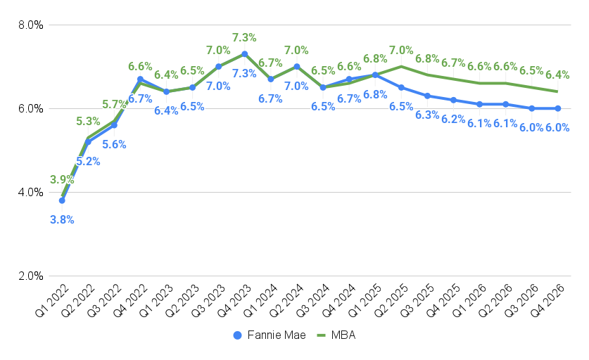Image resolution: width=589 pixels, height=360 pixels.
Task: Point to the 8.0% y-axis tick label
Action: pos(30,25)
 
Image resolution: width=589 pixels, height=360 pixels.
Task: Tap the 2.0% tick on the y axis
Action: pos(30,276)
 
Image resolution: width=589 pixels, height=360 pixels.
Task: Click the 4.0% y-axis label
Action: pos(30,193)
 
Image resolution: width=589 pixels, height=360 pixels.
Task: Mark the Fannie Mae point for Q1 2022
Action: pos(62,200)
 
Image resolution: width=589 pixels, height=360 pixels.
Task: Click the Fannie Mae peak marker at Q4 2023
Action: pos(244,54)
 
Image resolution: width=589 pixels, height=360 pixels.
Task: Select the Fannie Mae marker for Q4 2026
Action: pos(558,108)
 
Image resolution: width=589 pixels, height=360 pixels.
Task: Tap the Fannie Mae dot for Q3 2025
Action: pos(427,96)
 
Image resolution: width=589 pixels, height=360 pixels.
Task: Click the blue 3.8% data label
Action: pos(62,219)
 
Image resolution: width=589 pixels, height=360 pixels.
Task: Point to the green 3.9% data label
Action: pos(62,180)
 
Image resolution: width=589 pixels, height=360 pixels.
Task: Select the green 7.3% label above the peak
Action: pos(244,37)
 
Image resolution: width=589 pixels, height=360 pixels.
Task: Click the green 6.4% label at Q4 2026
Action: pos(557,75)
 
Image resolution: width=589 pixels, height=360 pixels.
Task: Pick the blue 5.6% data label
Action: pos(114,145)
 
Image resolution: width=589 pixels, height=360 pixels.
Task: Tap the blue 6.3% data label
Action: pos(427,115)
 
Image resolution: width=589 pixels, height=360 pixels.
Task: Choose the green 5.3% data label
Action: pos(88,122)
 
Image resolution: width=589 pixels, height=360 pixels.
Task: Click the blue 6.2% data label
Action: pos(453,119)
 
